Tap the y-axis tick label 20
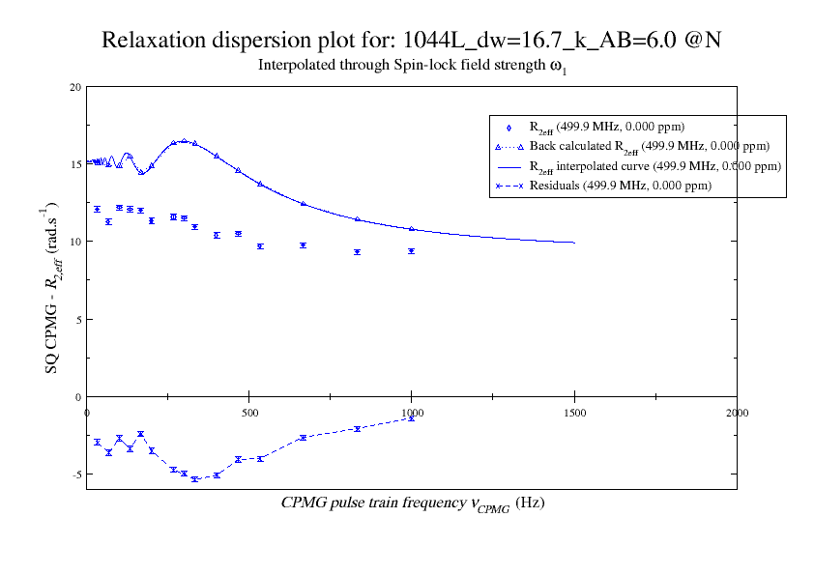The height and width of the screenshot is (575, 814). [x=75, y=87]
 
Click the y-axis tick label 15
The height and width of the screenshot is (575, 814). [x=75, y=164]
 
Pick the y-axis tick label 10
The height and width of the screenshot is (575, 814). [x=75, y=242]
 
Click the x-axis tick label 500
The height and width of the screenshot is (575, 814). [x=249, y=412]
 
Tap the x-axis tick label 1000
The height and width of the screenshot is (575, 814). [x=412, y=412]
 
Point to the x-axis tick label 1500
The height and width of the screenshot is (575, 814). [x=574, y=412]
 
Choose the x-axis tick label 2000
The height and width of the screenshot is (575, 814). [x=737, y=412]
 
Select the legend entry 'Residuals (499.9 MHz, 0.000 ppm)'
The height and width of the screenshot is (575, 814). [x=620, y=186]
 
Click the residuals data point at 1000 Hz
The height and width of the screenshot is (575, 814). [x=412, y=418]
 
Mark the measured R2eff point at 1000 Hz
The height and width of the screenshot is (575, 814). [x=412, y=251]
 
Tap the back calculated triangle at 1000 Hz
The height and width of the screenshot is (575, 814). [x=412, y=229]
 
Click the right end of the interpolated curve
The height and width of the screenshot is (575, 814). [x=574, y=243]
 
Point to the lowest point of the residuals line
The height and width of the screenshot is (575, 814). [x=195, y=479]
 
